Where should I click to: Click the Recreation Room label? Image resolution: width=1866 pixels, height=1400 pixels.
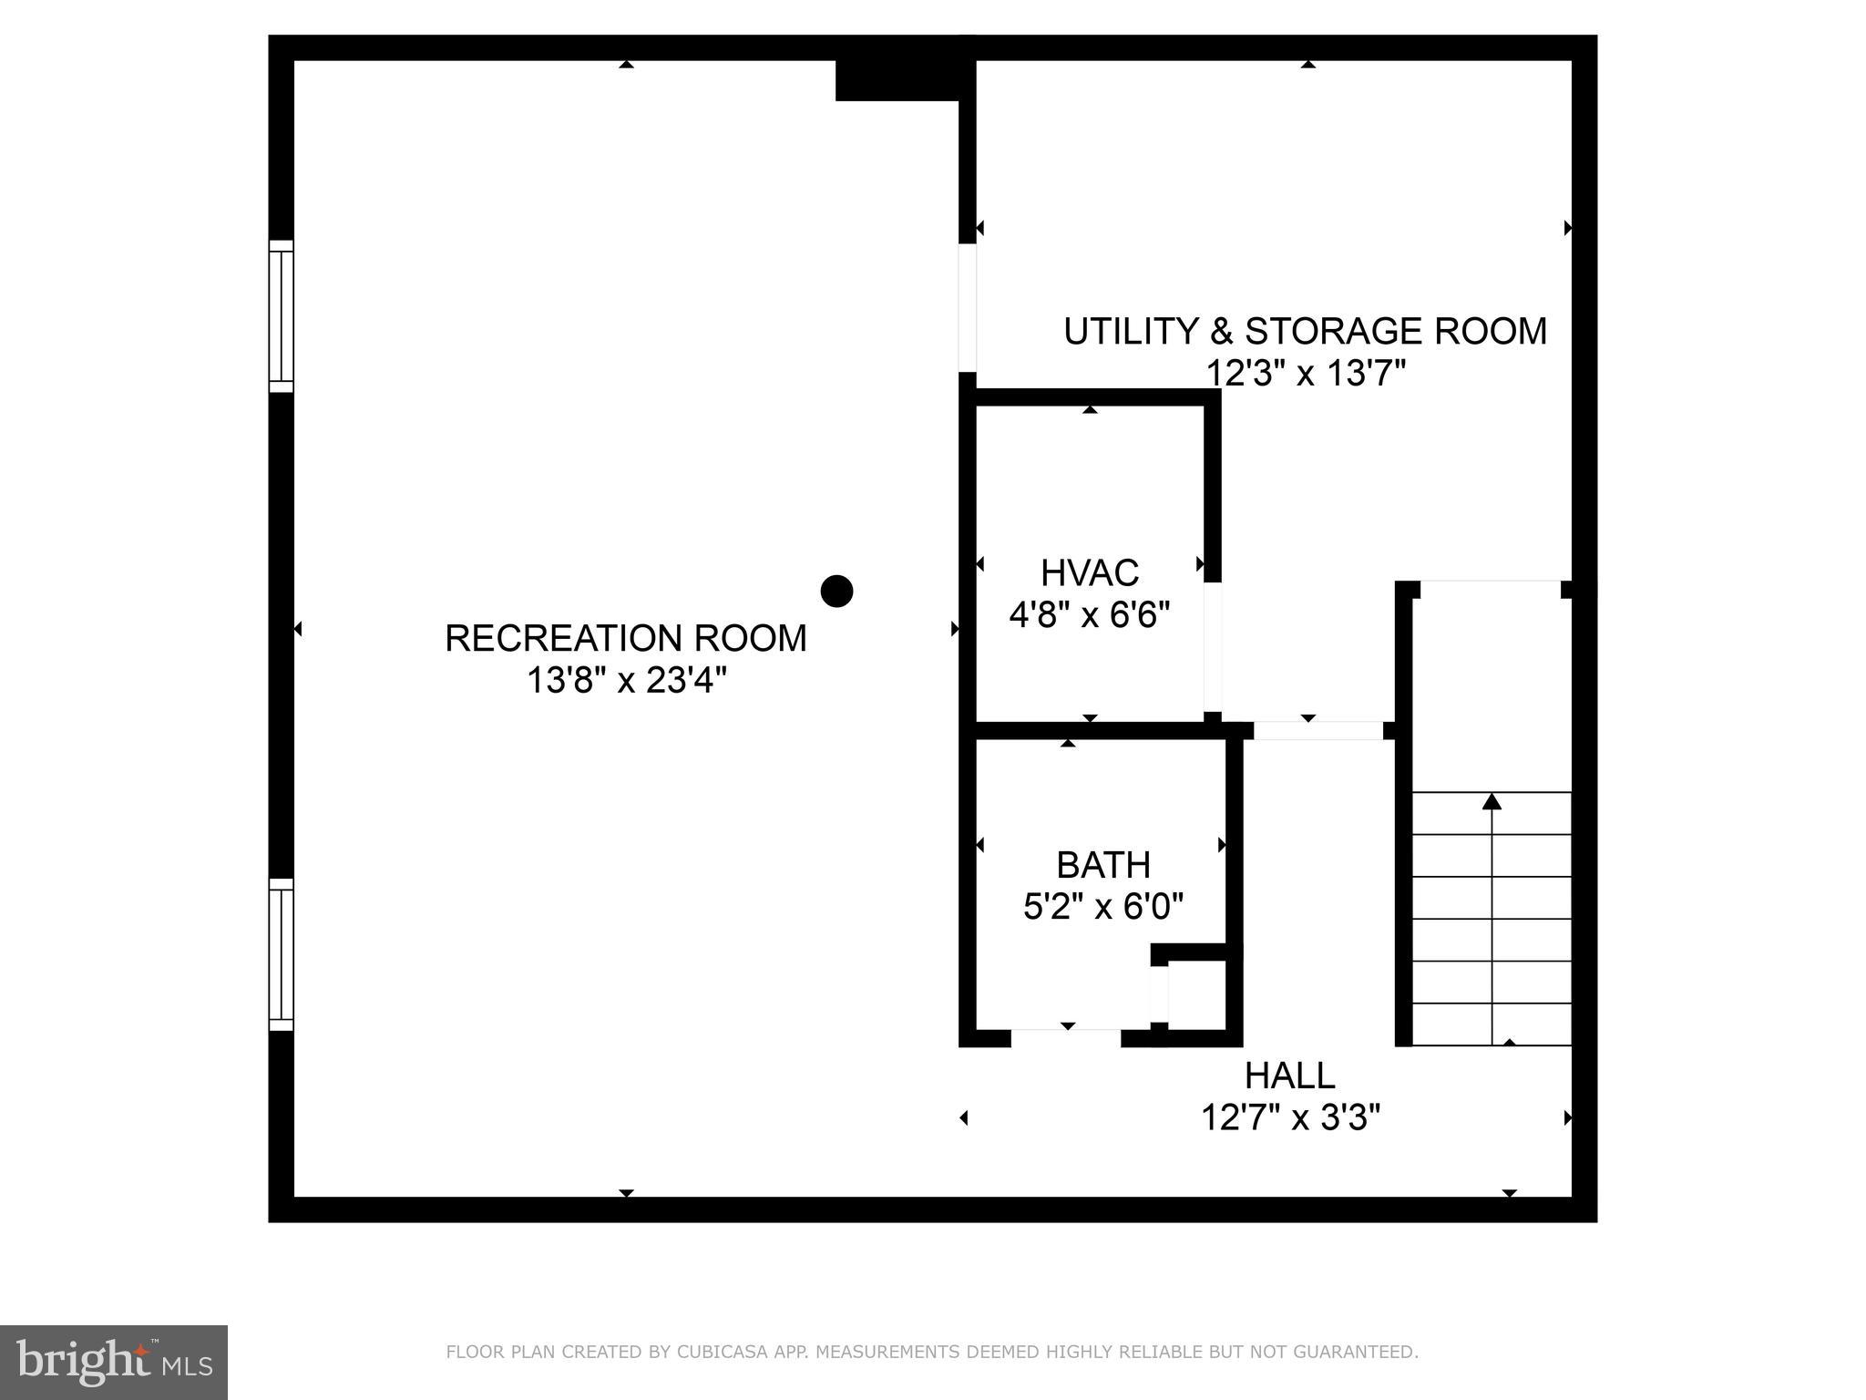pos(625,638)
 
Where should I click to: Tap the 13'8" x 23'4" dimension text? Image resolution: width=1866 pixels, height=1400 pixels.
pos(627,680)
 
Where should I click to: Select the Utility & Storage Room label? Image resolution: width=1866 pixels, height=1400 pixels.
pos(1305,331)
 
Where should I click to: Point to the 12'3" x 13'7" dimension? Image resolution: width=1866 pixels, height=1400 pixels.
pos(1306,373)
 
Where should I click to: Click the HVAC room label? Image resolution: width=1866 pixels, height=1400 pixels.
pos(1089,573)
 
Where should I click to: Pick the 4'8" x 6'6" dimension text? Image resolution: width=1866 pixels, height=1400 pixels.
pos(1089,615)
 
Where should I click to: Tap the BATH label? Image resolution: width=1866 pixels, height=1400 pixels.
pos(1102,864)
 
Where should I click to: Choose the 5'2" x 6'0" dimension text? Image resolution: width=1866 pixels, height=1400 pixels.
pos(1102,907)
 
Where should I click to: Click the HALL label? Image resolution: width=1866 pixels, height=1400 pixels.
pos(1289,1076)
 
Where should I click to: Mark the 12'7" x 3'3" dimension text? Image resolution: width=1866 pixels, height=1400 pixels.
pos(1290,1117)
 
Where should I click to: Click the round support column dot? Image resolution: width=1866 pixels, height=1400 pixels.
pos(836,592)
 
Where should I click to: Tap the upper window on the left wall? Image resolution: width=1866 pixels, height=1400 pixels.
pos(282,316)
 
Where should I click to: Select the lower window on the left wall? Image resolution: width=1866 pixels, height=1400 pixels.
pos(282,954)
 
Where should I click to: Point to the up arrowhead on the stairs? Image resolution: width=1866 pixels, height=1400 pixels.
pos(1492,802)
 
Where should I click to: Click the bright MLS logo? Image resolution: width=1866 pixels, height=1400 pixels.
pos(114,1363)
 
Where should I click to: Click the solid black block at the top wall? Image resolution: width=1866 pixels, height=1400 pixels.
pos(897,80)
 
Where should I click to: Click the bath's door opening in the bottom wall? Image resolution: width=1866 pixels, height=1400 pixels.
pos(1066,1037)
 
